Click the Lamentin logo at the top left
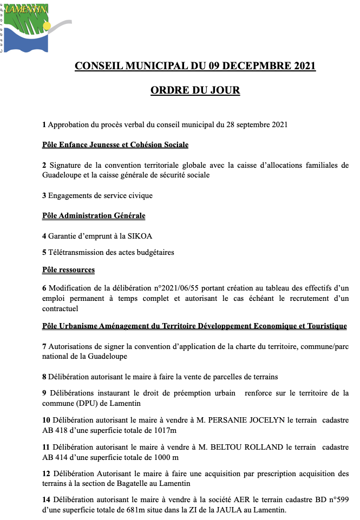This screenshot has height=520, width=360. [x=35, y=27]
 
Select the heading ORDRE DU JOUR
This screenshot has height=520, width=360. [x=195, y=90]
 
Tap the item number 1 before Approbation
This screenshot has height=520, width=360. [x=44, y=125]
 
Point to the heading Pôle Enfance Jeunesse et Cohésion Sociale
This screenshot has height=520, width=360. [x=115, y=145]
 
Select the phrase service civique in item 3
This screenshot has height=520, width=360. [x=128, y=195]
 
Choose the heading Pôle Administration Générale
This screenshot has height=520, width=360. [x=94, y=215]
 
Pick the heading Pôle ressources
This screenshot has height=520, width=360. [x=68, y=269]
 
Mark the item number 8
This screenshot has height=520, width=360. [x=44, y=376]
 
